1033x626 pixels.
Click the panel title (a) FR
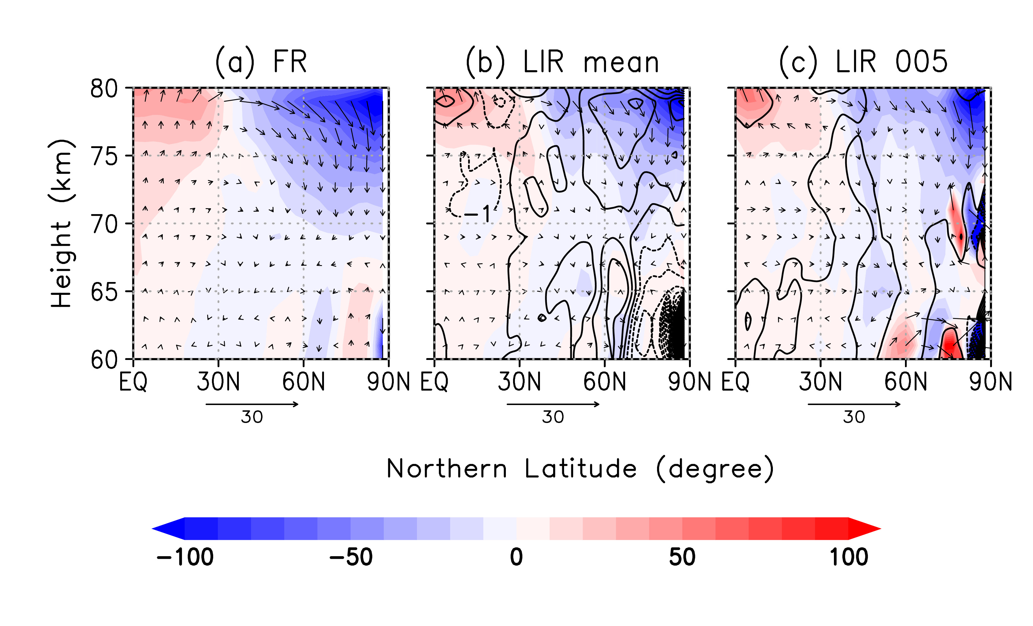click(x=261, y=62)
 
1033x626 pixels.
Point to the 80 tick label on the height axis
click(x=104, y=89)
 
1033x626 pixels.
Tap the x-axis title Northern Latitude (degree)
click(x=580, y=469)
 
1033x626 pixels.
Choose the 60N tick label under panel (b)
click(x=604, y=382)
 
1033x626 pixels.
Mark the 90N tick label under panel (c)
click(x=990, y=382)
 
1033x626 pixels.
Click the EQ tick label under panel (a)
click(x=133, y=382)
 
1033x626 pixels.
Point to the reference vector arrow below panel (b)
click(x=553, y=404)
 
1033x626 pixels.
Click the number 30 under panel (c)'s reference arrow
click(x=854, y=417)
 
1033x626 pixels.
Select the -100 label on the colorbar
click(x=185, y=557)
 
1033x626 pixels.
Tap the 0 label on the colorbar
click(x=516, y=557)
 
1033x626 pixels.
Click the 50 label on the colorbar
click(x=682, y=557)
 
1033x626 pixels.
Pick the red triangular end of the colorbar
click(x=864, y=529)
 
